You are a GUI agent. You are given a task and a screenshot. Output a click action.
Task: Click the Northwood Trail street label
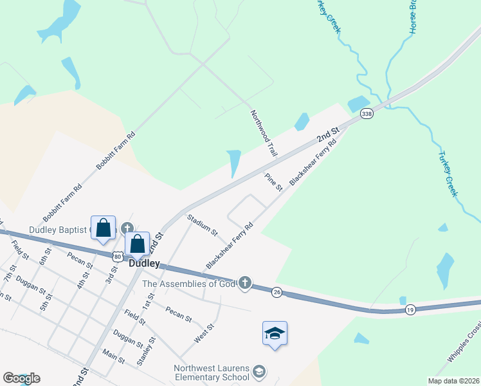pos(264,133)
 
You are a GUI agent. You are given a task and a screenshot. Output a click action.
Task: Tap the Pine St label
pos(275,182)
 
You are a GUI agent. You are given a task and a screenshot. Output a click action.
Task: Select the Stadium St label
pos(203,225)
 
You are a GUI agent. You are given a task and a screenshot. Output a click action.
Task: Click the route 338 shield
pos(367,114)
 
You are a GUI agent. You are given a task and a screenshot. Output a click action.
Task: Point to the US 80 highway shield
pos(117,256)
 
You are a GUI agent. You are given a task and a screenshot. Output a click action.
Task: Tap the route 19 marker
pos(410,310)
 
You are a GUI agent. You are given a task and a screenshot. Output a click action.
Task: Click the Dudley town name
pos(144,263)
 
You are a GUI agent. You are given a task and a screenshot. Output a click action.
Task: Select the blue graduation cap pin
pos(275,333)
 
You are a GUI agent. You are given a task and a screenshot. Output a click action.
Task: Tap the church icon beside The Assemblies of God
pos(244,283)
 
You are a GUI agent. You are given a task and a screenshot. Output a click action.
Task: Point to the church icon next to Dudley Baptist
pos(127,228)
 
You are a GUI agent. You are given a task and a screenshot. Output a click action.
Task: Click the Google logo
pos(21,378)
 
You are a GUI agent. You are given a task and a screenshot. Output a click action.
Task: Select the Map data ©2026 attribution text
pos(454,381)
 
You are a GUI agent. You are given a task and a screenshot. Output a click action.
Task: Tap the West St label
pos(204,333)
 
